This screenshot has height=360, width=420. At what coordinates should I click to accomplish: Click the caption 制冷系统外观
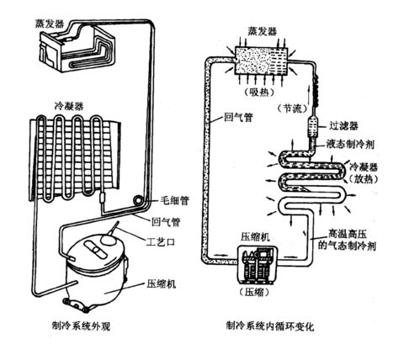click(82, 323)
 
